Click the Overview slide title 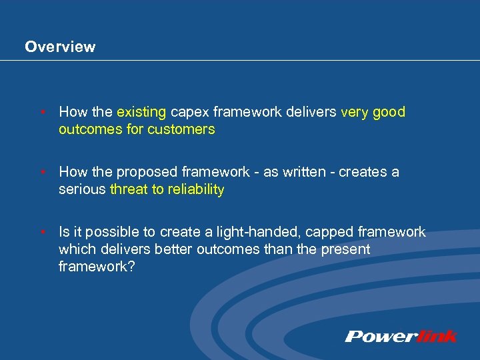(60, 47)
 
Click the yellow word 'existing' (142, 112)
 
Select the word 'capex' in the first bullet (190, 112)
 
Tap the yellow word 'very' (355, 112)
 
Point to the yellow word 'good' (389, 112)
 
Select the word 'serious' (82, 189)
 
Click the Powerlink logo (401, 336)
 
